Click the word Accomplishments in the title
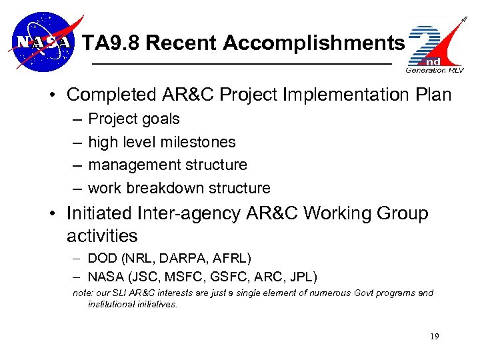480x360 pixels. click(314, 43)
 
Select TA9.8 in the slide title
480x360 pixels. click(111, 43)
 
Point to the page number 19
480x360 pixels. click(434, 337)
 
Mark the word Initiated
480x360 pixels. click(99, 213)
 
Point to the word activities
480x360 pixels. click(102, 236)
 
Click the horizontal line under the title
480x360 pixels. click(241, 63)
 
